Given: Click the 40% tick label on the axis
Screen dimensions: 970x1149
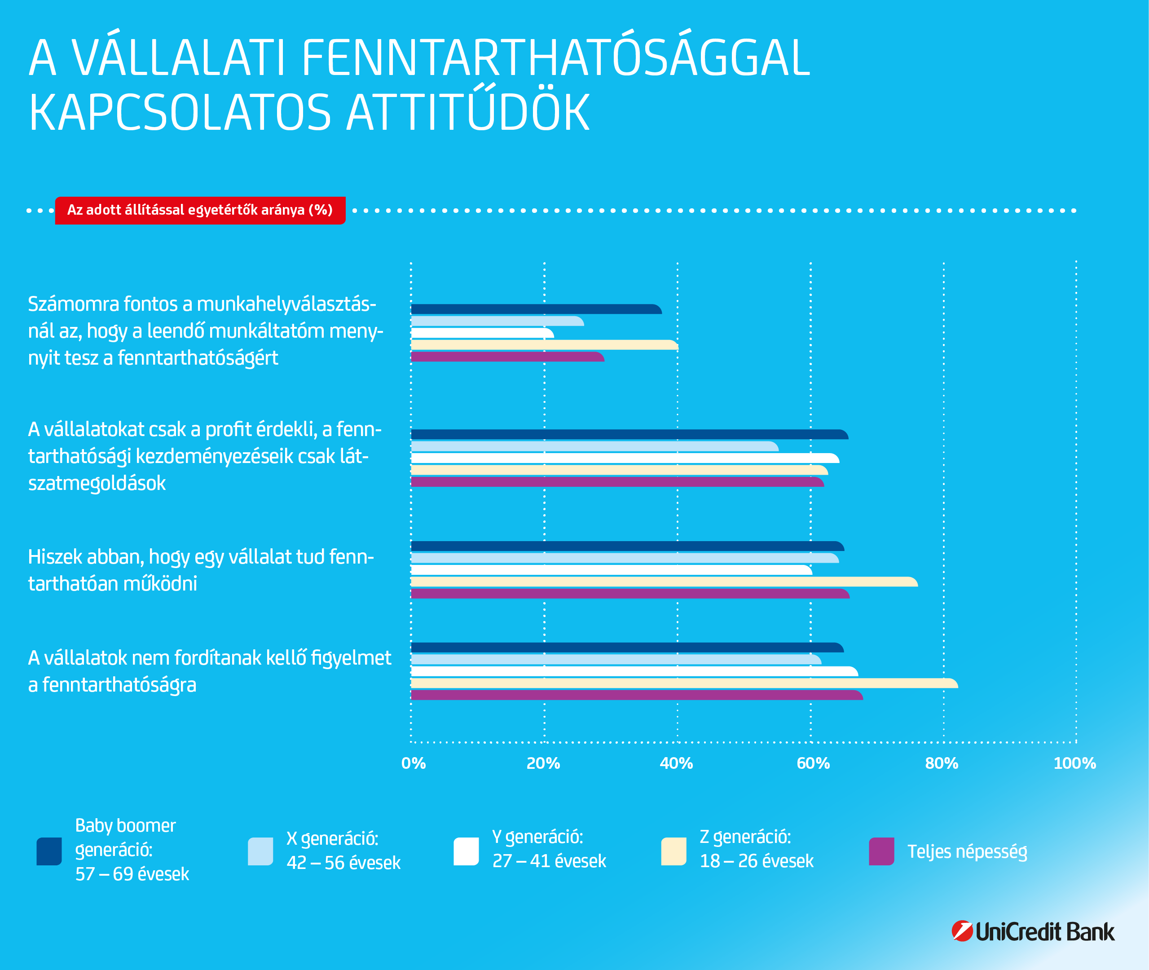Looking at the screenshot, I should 676,763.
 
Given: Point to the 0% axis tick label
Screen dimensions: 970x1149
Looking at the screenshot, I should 414,763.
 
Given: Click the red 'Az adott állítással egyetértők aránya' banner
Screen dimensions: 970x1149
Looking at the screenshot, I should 200,210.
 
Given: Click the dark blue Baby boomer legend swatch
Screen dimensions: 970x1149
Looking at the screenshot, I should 49,851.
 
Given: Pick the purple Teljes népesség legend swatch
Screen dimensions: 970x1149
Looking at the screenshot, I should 881,851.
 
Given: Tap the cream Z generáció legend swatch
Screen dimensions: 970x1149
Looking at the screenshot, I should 674,851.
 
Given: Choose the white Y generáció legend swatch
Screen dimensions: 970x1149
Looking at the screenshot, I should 466,851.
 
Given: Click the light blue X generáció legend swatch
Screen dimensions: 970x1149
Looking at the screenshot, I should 260,851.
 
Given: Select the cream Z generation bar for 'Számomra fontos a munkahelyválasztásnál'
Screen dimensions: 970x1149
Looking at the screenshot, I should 544,345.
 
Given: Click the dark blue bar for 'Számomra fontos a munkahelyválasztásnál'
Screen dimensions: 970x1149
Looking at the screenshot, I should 536,309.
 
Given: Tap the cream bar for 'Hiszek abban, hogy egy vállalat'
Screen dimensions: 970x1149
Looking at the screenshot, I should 664,582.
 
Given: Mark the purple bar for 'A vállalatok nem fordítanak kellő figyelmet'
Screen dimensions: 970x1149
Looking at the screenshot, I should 637,695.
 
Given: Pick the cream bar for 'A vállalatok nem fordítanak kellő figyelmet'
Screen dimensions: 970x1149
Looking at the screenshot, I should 684,683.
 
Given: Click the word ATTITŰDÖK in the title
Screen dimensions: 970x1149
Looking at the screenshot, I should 468,113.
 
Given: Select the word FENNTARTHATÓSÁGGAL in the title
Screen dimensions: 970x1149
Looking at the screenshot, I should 555,58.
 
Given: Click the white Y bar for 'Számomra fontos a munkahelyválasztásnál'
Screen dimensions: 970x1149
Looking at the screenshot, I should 482,333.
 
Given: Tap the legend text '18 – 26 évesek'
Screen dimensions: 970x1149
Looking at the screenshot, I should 756,861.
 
